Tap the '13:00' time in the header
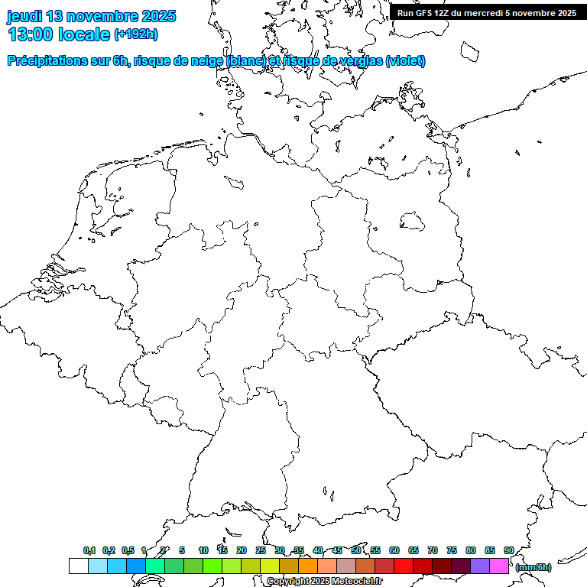[x=31, y=34]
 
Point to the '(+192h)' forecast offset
[x=136, y=34]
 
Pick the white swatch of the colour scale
[x=78, y=566]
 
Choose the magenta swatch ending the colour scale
[x=499, y=566]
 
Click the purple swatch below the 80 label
[x=480, y=566]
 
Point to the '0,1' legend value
[x=89, y=550]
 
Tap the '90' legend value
[x=509, y=550]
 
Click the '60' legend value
[x=394, y=550]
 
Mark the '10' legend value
[x=203, y=550]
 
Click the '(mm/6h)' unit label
[x=533, y=567]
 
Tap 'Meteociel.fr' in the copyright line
[x=357, y=582]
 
